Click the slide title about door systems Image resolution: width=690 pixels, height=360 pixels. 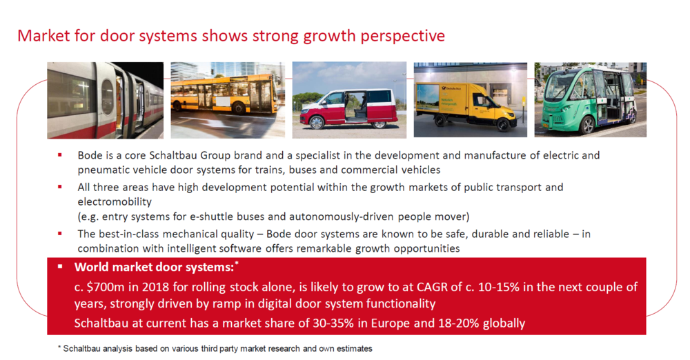(231, 36)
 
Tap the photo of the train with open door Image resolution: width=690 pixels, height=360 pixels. (105, 100)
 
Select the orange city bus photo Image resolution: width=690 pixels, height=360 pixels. (228, 100)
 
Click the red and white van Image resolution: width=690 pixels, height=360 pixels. (349, 108)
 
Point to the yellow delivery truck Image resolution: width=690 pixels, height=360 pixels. (466, 106)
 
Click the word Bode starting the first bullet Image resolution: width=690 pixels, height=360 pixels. (90, 155)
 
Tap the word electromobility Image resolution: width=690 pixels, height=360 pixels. (115, 201)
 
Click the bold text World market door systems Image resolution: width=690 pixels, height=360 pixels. (154, 267)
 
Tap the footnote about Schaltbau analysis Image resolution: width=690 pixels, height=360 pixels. (215, 348)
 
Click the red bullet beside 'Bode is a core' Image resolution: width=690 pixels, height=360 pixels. (60, 155)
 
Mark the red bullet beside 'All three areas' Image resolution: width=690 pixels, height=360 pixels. (60, 187)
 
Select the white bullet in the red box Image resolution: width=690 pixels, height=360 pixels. (60, 267)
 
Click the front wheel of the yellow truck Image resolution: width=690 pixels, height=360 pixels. (502, 125)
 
